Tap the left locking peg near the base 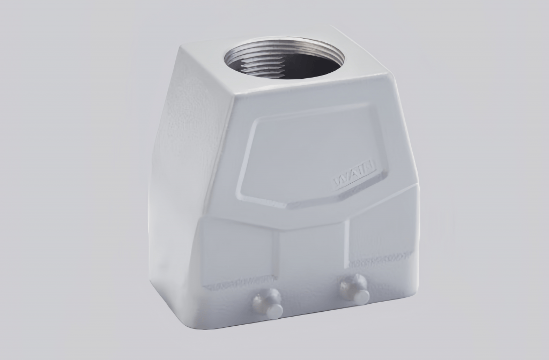[x=268, y=303]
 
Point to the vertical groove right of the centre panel [x=348, y=246]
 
